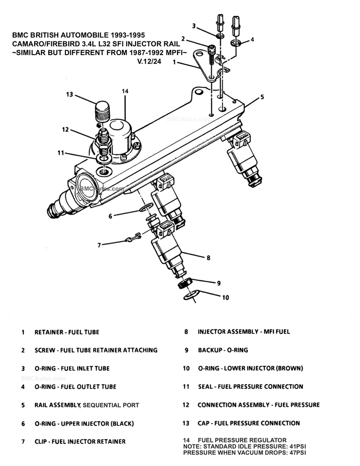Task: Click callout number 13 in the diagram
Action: point(69,95)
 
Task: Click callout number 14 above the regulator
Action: point(125,91)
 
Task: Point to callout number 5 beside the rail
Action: point(262,97)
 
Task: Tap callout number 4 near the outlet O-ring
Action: point(252,40)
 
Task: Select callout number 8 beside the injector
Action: point(208,258)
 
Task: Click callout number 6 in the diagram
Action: point(110,217)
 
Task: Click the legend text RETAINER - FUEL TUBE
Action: point(67,332)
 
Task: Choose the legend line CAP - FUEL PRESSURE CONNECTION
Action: point(248,423)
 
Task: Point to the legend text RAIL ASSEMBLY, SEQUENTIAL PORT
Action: point(87,405)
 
